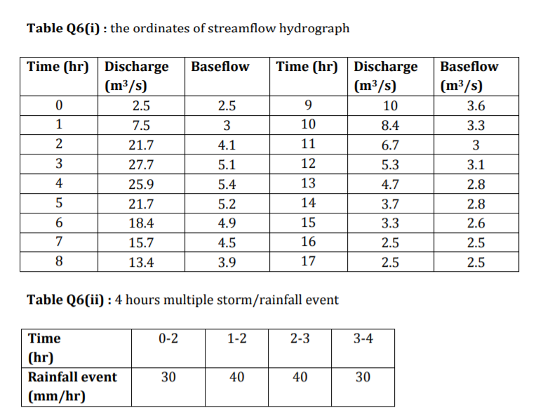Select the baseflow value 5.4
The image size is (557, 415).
tap(227, 185)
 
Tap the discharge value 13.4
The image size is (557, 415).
tap(142, 263)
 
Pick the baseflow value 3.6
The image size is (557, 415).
tap(476, 107)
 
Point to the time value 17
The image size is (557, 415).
tap(307, 262)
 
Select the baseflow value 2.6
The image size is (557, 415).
tap(476, 225)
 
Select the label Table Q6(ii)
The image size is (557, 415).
tap(66, 300)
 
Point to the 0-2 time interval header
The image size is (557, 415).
tap(168, 338)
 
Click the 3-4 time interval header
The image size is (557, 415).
tap(362, 338)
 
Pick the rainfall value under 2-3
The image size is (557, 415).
tap(300, 377)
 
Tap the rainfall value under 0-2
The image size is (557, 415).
tap(168, 377)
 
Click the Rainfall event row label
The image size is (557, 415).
tap(72, 377)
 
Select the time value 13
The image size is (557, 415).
tap(307, 184)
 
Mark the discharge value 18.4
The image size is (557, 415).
tap(142, 225)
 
